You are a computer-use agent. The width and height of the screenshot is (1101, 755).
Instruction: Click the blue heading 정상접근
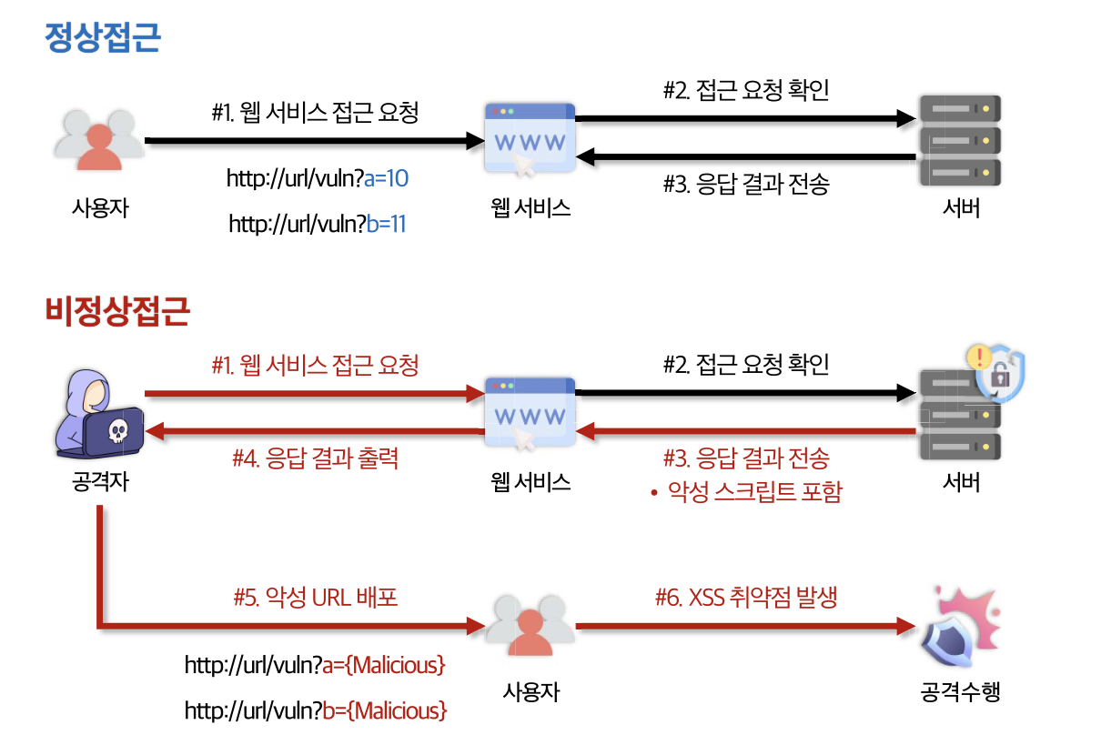pos(103,38)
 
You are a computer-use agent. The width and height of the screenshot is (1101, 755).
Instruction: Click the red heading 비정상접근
pos(117,311)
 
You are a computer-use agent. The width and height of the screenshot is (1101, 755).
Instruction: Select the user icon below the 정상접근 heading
pos(98,141)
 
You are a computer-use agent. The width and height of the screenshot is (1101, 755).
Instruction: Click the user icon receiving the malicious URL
pos(530,627)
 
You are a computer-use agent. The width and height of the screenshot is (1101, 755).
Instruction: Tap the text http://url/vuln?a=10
pos(318,178)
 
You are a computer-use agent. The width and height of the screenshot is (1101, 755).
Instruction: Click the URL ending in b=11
pos(318,224)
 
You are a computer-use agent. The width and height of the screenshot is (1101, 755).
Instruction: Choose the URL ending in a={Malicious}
pos(315,666)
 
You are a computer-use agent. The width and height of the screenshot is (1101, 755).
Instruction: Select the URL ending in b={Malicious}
pos(316,710)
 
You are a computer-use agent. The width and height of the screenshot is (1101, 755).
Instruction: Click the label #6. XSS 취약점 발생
pos(746,598)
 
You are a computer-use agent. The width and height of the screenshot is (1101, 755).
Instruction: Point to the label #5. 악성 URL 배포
pos(316,598)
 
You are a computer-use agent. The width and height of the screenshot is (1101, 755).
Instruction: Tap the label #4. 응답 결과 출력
pos(316,458)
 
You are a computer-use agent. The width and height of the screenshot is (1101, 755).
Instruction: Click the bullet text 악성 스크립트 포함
pos(754,492)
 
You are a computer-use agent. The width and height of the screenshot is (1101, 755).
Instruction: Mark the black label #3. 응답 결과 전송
pos(746,185)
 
